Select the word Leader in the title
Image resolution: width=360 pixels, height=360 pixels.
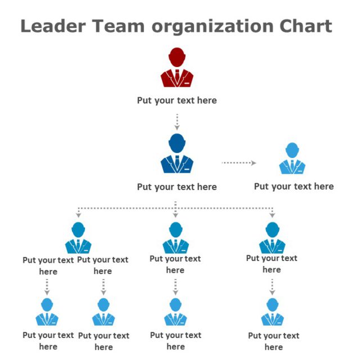click(53, 26)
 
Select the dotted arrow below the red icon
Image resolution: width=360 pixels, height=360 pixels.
click(177, 121)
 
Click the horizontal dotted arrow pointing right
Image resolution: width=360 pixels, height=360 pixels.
click(238, 163)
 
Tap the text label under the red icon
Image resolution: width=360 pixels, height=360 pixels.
click(177, 101)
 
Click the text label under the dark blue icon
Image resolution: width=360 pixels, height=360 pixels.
click(177, 187)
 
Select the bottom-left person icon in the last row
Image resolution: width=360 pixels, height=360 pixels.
click(47, 312)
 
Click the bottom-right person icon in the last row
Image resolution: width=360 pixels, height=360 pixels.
click(272, 312)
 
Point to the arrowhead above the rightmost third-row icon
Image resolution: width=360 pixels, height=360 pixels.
click(272, 215)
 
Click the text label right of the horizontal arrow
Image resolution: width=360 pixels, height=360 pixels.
click(294, 187)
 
